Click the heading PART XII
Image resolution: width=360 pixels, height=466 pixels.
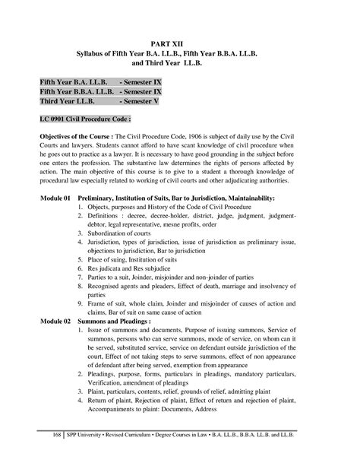180,44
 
